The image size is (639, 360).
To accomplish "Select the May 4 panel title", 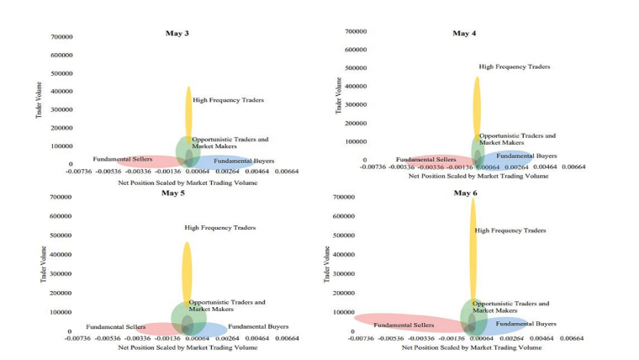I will [464, 34].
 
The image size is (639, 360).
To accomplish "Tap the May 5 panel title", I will [173, 193].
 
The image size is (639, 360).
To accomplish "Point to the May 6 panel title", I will [465, 193].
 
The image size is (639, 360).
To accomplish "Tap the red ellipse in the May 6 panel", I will [395, 321].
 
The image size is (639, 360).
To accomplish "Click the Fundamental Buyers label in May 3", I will [243, 161].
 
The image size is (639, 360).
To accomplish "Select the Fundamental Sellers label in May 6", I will [404, 325].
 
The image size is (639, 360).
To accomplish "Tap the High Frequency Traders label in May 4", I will [515, 66].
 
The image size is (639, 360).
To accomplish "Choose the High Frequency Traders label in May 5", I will [220, 227].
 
